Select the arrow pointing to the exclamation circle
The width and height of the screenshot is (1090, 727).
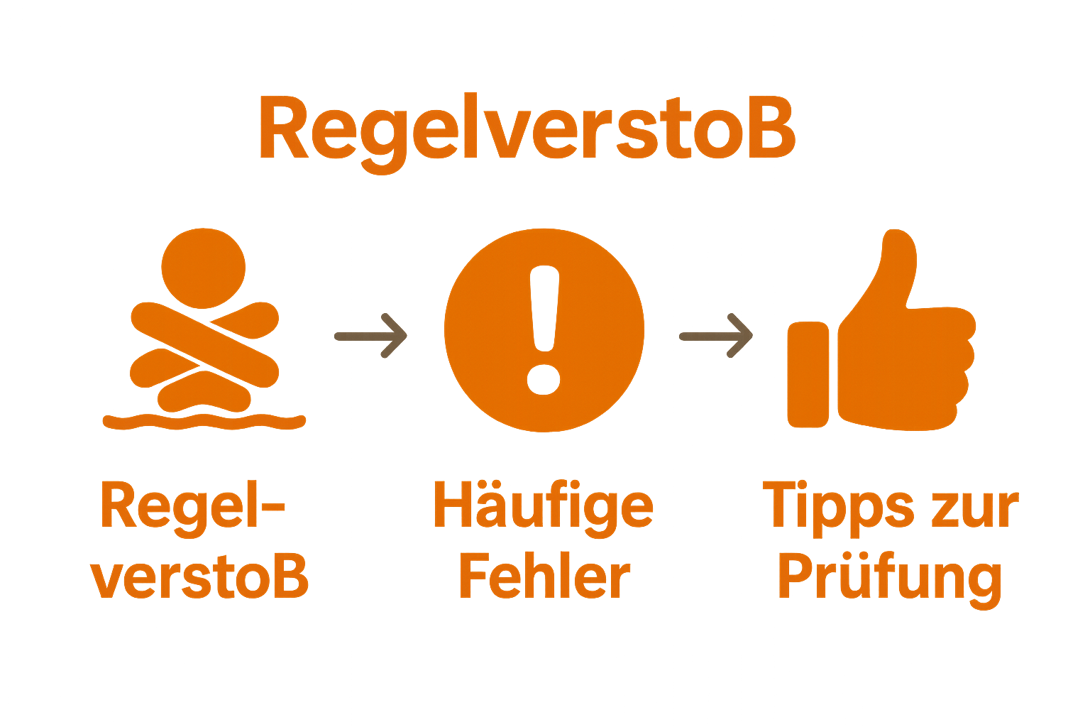tap(370, 335)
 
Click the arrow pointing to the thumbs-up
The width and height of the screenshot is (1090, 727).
tap(716, 335)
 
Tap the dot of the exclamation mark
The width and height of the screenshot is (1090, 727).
tap(544, 377)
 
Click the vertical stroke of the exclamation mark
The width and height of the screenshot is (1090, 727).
tap(545, 309)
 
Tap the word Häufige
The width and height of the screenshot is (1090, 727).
tap(542, 506)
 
